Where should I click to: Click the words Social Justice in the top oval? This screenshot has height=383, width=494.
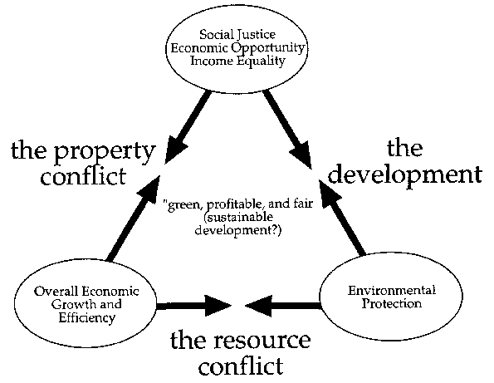(x=237, y=34)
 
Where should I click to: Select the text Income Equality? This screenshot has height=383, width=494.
(x=237, y=61)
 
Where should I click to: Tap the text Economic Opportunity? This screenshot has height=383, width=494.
(x=237, y=48)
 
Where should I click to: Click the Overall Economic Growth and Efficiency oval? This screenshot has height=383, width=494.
(x=86, y=304)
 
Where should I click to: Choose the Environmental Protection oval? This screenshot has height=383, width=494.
(x=391, y=297)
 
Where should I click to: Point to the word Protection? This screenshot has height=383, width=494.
(x=392, y=303)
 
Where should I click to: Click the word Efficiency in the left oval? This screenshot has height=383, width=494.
(x=86, y=317)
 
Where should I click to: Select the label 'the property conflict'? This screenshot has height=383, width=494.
(x=83, y=163)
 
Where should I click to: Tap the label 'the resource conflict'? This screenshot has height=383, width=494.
(x=241, y=352)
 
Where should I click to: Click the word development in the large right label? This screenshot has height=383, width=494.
(x=405, y=175)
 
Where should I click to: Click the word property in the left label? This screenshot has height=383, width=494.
(x=105, y=152)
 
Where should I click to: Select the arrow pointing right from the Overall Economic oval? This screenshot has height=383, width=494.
(x=194, y=306)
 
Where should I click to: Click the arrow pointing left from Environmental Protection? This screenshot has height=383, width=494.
(x=282, y=306)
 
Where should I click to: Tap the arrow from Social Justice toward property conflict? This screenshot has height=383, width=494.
(x=188, y=127)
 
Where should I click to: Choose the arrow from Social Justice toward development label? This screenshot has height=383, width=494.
(x=287, y=130)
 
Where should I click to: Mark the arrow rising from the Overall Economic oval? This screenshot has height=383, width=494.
(x=134, y=219)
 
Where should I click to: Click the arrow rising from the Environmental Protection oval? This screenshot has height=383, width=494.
(x=342, y=218)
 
